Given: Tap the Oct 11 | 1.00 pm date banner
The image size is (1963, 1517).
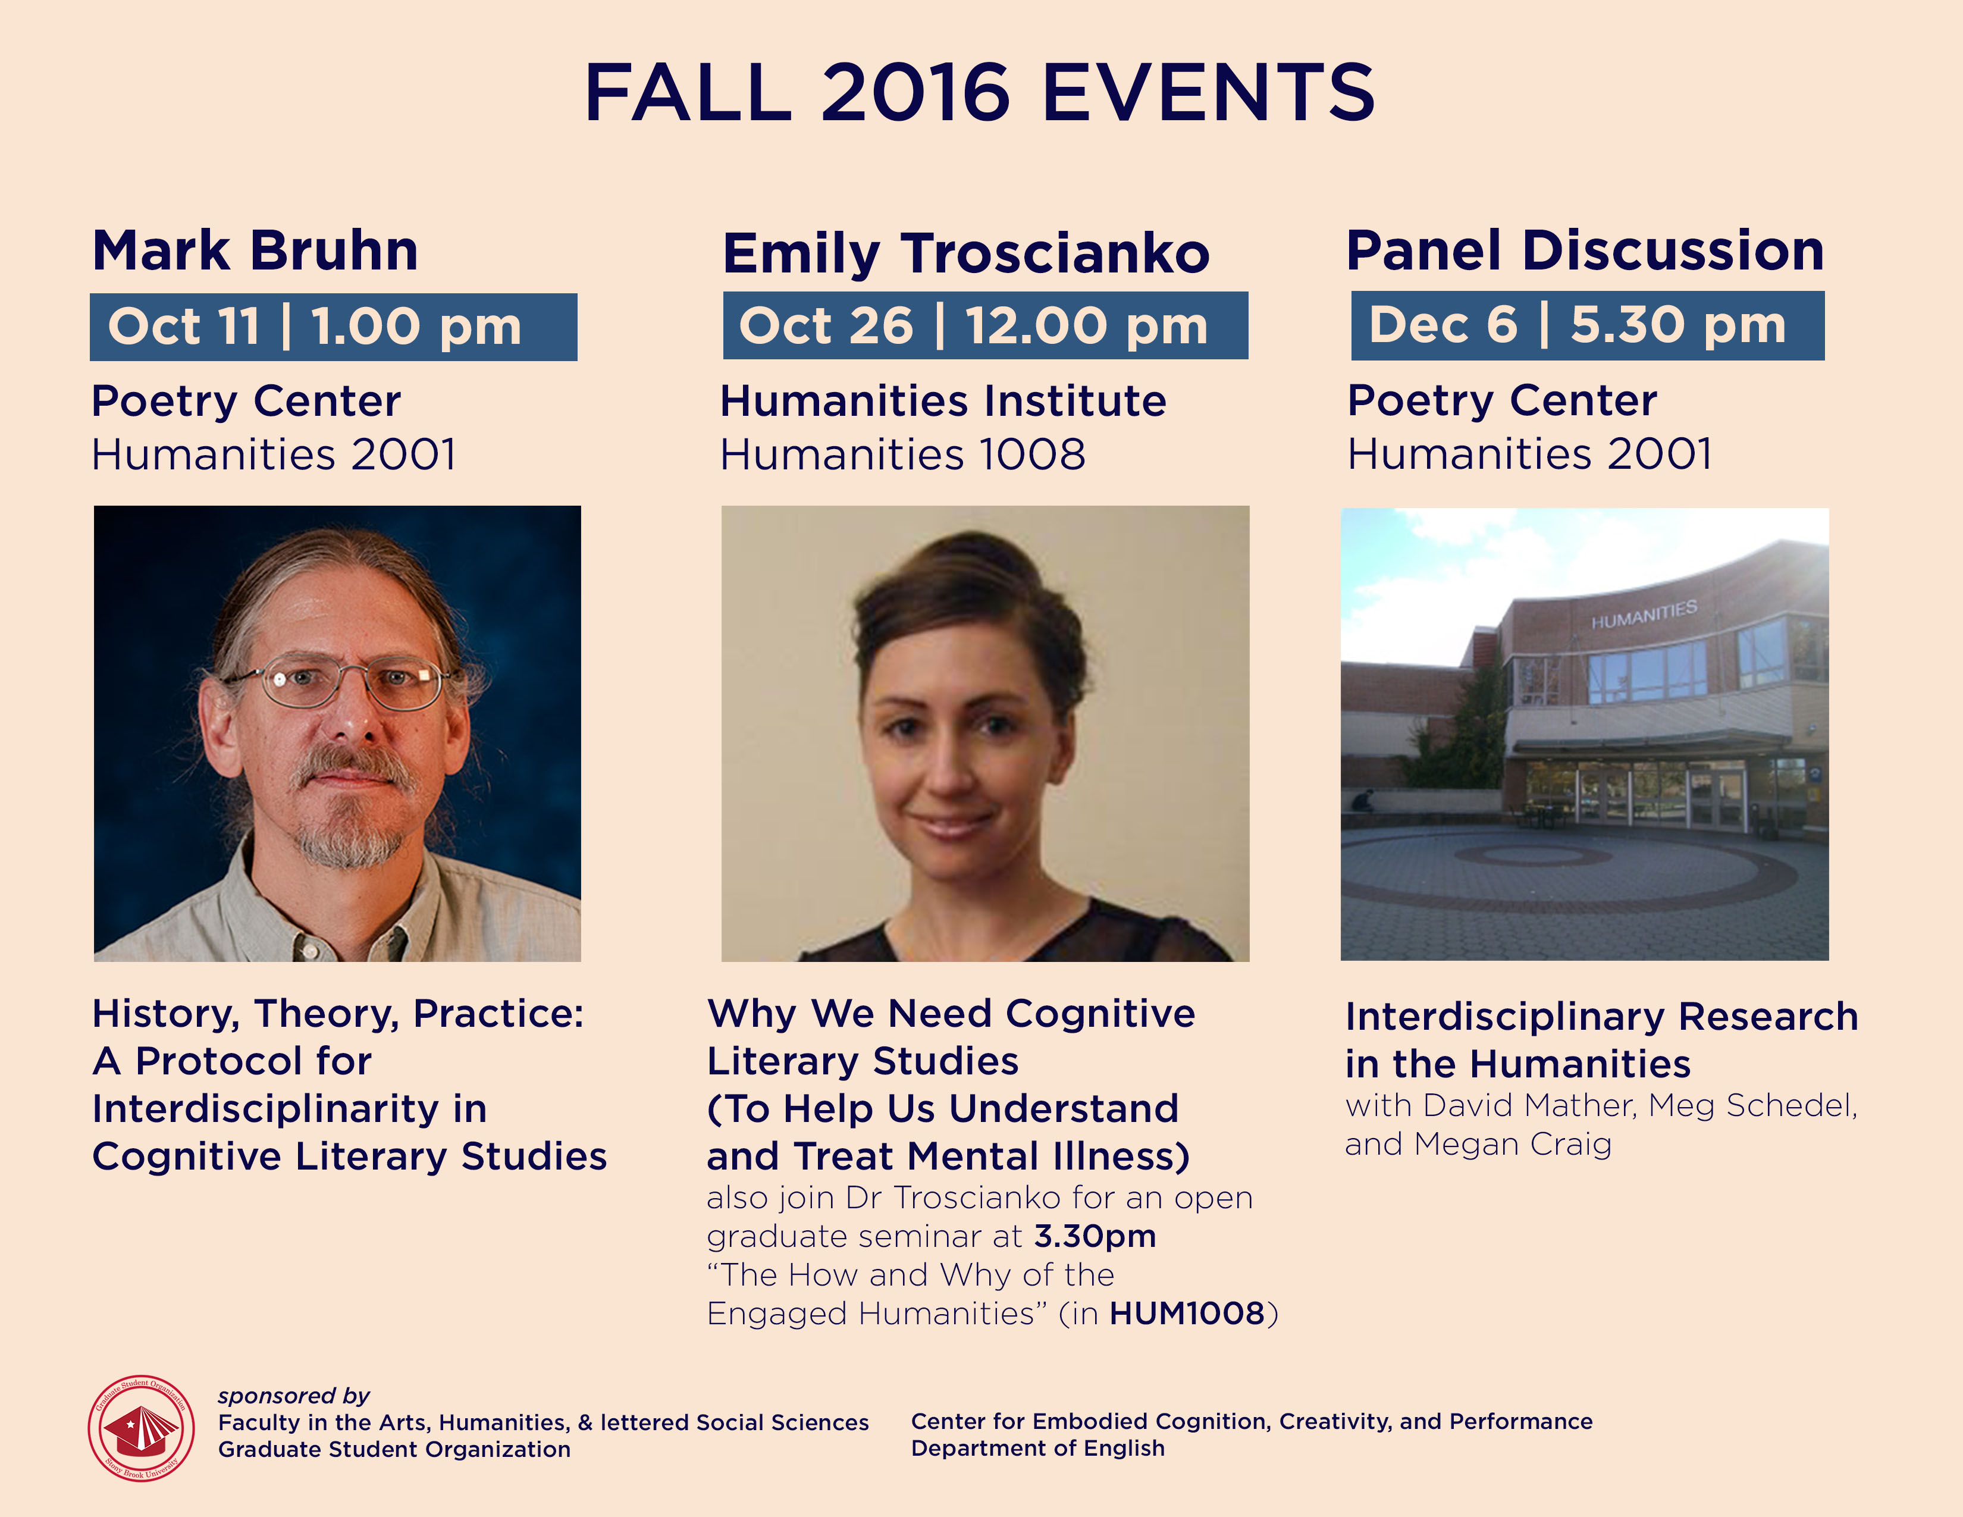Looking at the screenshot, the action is click(334, 327).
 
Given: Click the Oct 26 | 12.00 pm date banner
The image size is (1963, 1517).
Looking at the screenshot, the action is click(985, 325).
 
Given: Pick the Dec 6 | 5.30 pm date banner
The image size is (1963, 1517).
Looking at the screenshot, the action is click(1587, 325).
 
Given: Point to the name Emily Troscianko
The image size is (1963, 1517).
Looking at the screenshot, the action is click(966, 253).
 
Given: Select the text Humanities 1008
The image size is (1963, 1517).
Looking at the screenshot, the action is click(902, 454).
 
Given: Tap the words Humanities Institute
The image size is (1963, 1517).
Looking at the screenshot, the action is click(943, 401).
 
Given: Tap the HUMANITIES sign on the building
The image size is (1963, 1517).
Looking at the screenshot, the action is click(1644, 614).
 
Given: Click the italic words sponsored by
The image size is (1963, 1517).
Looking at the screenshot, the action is click(294, 1396).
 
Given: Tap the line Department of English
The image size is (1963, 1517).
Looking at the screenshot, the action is click(1037, 1448).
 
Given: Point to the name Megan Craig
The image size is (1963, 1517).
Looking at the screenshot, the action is click(1513, 1144).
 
